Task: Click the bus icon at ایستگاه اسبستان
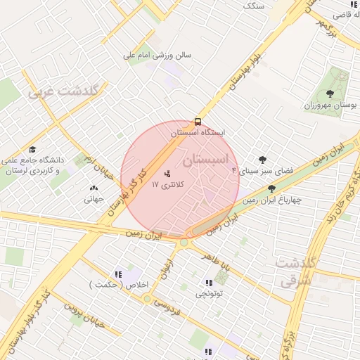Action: pyautogui.click(x=198, y=121)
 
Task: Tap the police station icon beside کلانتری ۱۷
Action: pyautogui.click(x=167, y=173)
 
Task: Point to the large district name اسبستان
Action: pyautogui.click(x=206, y=160)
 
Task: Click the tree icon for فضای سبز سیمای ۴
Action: pyautogui.click(x=263, y=160)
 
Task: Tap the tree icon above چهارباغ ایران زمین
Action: pyautogui.click(x=271, y=188)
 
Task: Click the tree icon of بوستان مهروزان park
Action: pyautogui.click(x=330, y=93)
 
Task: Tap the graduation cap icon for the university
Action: pyautogui.click(x=32, y=149)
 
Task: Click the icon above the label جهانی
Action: pyautogui.click(x=94, y=188)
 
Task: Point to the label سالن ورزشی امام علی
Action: pyautogui.click(x=157, y=54)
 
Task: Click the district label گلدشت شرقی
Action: pyautogui.click(x=296, y=271)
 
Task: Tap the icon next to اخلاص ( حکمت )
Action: pyautogui.click(x=117, y=274)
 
